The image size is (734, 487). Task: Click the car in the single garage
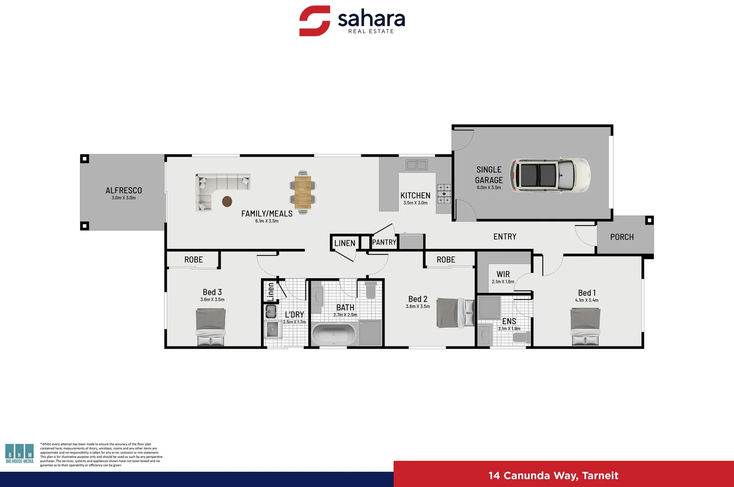550,175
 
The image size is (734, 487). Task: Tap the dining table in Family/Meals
303,192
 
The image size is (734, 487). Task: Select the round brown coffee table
227,201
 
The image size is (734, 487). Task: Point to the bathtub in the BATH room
334,334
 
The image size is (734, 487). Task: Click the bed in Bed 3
211,327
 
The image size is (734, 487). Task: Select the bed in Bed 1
585,327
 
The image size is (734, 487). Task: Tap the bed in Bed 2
455,312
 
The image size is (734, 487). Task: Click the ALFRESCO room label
124,191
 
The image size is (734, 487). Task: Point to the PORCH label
622,237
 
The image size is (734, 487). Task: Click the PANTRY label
384,243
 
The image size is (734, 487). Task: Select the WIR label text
503,274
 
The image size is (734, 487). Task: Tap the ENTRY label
505,237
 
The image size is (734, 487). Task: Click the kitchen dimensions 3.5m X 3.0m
415,203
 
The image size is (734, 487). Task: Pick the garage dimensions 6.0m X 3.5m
489,188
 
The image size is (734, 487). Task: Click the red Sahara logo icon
315,21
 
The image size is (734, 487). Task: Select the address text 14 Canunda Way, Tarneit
553,476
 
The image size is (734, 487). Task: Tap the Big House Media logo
19,453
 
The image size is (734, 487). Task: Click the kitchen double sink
417,165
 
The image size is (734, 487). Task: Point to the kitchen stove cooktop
444,193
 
